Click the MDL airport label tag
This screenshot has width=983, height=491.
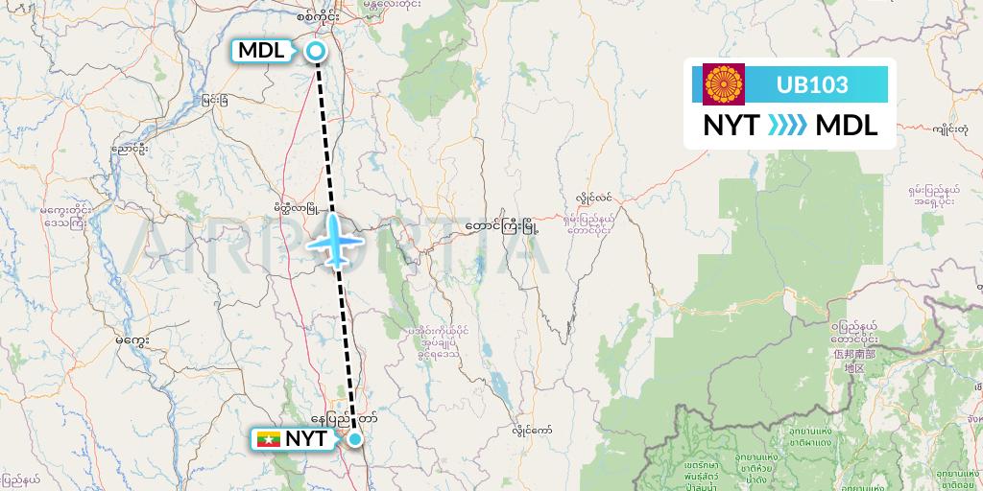pos(260,51)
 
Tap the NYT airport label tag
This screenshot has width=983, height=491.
pos(305,439)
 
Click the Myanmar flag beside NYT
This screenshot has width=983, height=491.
pos(268,439)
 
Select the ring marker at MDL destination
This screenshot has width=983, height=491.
pos(315,52)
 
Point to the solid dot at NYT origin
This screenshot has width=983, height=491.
pos(355,439)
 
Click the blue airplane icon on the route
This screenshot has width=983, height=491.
pos(335,239)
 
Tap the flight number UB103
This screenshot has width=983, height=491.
pos(811,84)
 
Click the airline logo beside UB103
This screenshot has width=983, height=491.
pos(723,84)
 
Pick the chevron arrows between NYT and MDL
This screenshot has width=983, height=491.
pos(788,126)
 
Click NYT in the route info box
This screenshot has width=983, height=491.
pos(732,126)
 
